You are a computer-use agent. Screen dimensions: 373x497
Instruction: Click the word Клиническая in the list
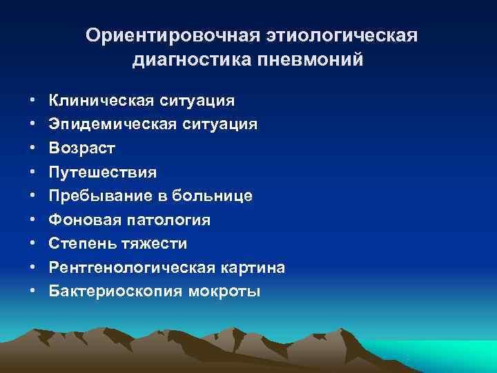(x=102, y=101)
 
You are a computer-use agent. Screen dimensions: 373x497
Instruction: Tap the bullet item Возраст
(x=82, y=149)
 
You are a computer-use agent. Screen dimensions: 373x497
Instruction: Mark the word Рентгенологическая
(x=131, y=267)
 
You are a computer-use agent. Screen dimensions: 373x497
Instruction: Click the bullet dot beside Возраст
(x=34, y=149)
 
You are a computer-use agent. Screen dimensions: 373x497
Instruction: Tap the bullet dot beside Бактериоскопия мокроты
(x=34, y=291)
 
